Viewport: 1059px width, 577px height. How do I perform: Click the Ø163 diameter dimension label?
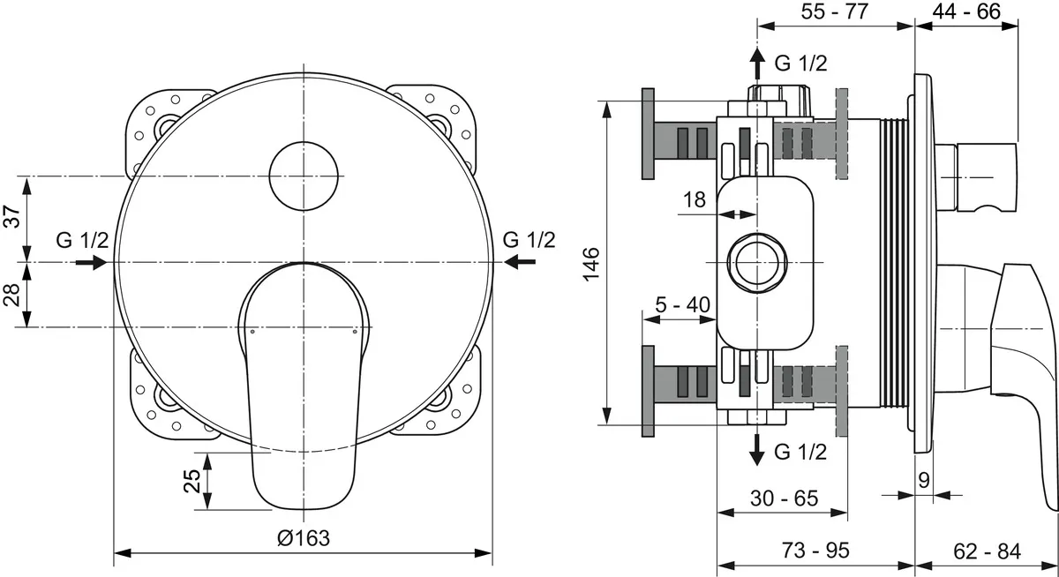pos(303,537)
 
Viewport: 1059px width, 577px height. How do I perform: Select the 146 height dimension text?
pos(590,263)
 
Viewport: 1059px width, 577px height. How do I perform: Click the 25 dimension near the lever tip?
pos(190,481)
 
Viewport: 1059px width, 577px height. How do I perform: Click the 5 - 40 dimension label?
pos(683,304)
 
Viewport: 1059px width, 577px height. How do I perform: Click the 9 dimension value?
pos(923,481)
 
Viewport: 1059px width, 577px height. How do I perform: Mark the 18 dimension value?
pos(695,199)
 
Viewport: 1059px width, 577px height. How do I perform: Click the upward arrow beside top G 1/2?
pos(757,64)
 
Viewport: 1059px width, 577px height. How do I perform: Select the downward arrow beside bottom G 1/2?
pos(757,450)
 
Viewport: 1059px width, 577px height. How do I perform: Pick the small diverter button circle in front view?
pos(305,176)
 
